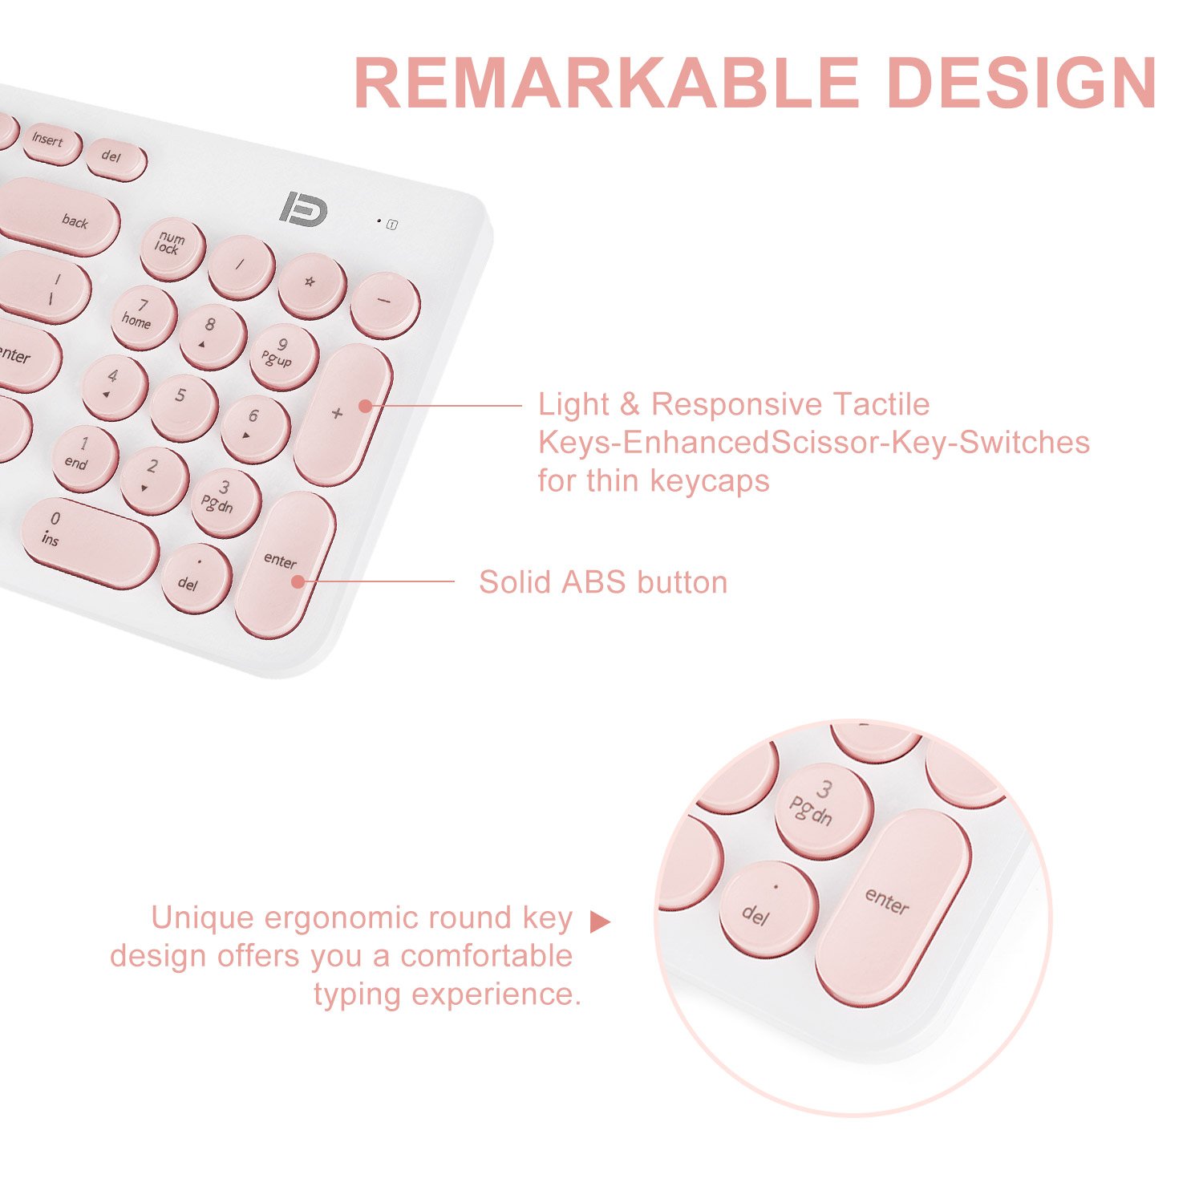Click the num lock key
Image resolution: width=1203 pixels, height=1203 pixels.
[172, 247]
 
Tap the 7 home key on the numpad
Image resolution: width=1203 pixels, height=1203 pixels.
[143, 315]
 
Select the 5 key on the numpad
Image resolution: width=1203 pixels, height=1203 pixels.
[184, 404]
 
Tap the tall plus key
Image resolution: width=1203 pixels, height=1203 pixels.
[342, 413]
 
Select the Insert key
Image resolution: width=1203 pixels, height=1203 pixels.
[49, 143]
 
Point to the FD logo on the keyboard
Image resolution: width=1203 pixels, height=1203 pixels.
[303, 207]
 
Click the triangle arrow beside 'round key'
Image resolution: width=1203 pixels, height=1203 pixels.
[599, 922]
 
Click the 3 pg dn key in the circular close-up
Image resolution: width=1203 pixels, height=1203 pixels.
[821, 808]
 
